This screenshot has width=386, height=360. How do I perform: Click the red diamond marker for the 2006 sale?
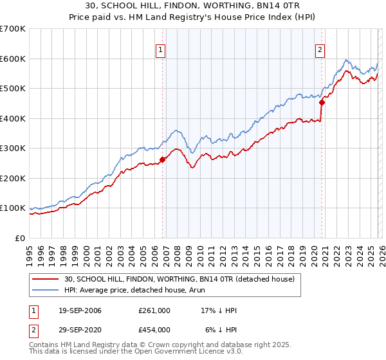pyautogui.click(x=162, y=160)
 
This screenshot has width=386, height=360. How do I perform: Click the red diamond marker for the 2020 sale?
pyautogui.click(x=322, y=102)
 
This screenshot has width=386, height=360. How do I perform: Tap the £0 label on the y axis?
pyautogui.click(x=21, y=238)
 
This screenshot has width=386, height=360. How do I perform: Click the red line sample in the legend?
pyautogui.click(x=46, y=279)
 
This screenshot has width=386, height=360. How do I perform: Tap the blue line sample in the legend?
pyautogui.click(x=46, y=290)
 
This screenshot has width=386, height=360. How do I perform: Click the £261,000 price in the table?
pyautogui.click(x=154, y=310)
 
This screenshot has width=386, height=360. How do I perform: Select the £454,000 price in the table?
pyautogui.click(x=154, y=330)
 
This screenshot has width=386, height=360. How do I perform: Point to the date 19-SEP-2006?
pyautogui.click(x=80, y=310)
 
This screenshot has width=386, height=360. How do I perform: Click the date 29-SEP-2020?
pyautogui.click(x=80, y=330)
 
